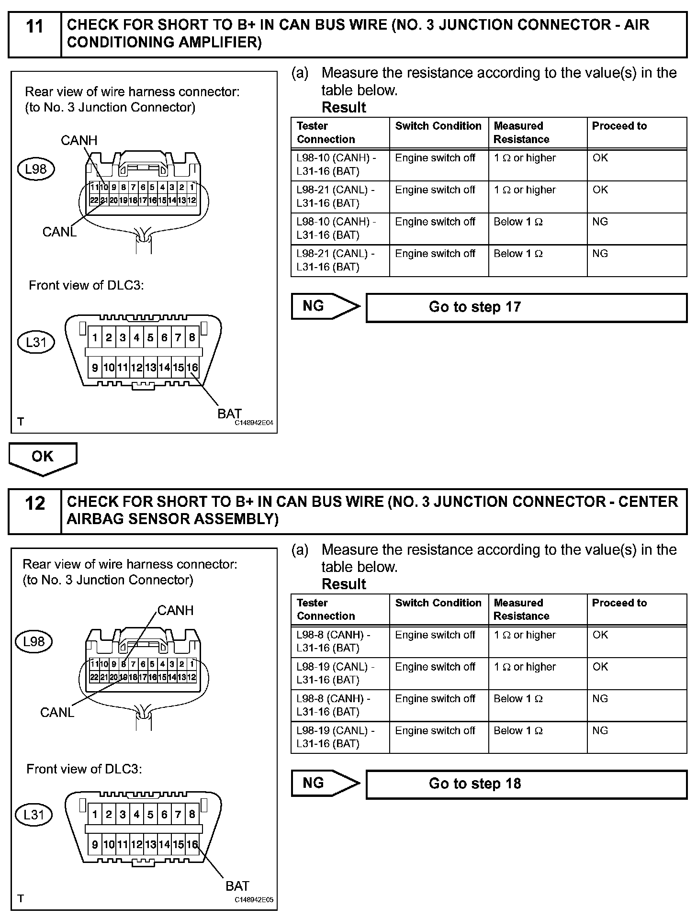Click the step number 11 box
pos(35,34)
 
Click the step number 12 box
pos(35,511)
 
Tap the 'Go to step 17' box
pos(526,307)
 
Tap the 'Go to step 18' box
pos(526,784)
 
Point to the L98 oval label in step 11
pos(36,169)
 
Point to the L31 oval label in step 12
pos(34,814)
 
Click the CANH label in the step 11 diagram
pos(79,140)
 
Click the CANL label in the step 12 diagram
pos(57,712)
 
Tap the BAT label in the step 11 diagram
pos(229,413)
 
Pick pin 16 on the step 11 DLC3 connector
pos(192,368)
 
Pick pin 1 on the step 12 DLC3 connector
pos(95,815)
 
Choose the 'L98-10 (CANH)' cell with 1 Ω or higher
pos(340,165)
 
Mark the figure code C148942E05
pos(254,900)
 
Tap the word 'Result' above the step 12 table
pos(344,584)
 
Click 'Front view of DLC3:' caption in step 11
pos(86,285)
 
